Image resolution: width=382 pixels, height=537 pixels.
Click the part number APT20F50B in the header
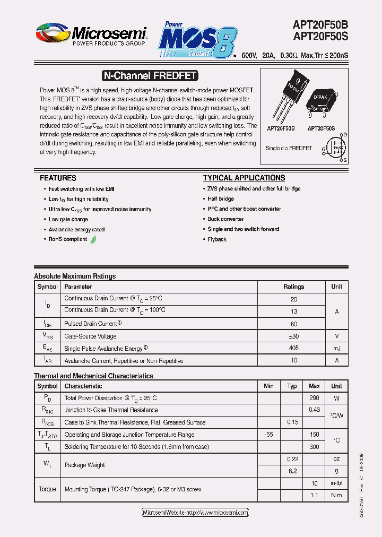pos(320,24)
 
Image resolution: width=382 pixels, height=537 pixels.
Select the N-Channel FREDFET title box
pos(149,76)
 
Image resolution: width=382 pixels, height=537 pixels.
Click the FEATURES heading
pos(58,178)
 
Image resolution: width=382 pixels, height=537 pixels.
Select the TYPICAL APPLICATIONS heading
pos(244,178)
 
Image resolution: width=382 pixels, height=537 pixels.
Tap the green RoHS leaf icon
pos(93,239)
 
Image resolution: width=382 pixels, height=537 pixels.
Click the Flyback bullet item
pos(217,239)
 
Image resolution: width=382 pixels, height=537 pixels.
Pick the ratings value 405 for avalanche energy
pos(293,348)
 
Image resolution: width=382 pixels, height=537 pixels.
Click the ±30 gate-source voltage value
pos(293,336)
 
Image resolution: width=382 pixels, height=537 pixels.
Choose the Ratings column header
pos(293,287)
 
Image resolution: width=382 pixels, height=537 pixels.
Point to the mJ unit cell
pos(336,348)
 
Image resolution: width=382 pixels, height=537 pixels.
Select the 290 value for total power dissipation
pos(314,398)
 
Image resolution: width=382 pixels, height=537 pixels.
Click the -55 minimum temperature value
pos(268,435)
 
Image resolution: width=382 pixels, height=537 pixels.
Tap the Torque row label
pos(47,489)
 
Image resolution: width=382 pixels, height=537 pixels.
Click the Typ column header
pos(292,386)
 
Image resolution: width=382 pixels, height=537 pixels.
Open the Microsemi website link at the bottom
pos(195,513)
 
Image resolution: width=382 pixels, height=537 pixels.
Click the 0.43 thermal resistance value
pos(314,410)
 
